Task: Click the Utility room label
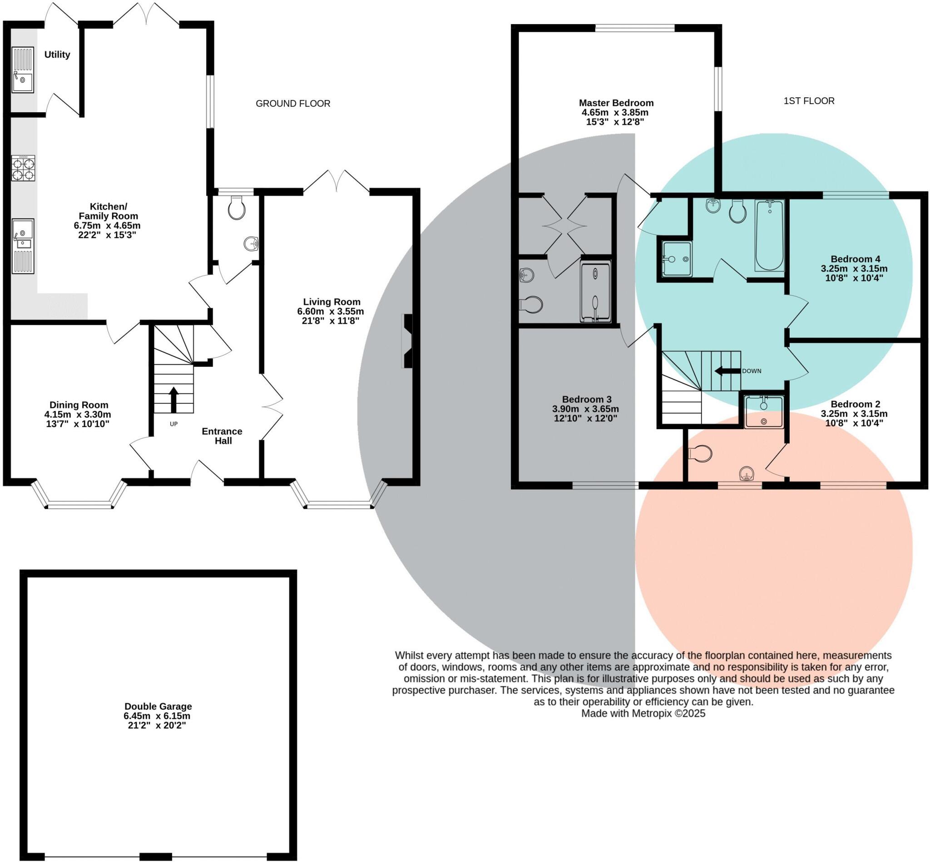click(x=57, y=54)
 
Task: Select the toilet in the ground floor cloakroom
click(x=237, y=208)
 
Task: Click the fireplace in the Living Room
click(x=407, y=341)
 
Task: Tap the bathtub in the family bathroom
click(x=769, y=235)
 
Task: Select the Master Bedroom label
click(x=616, y=103)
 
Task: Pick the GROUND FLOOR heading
click(x=293, y=104)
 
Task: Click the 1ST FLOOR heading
click(x=809, y=101)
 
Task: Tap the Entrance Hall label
click(x=222, y=436)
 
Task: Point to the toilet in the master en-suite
click(x=531, y=305)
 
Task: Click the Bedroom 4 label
click(x=855, y=259)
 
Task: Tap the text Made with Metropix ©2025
click(x=643, y=713)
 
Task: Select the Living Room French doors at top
click(x=336, y=182)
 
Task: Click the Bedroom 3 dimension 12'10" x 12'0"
click(x=585, y=418)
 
